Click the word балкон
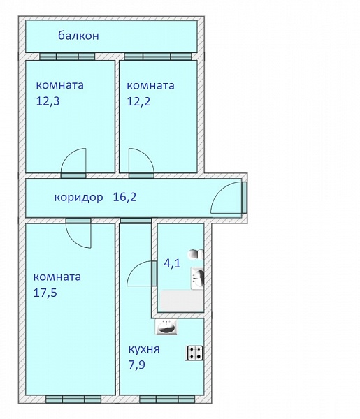pos(78,36)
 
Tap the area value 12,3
pos(48,101)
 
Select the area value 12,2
pos(138,101)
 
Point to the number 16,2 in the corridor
pos(124,197)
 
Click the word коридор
pos(78,198)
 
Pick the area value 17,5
pos(45,293)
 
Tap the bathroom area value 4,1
pos(172,263)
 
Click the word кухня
pos(144,349)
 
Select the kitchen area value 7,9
pos(137,365)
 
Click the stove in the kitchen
pos(194,353)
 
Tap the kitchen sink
pos(166,327)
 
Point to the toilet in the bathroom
pos(196,254)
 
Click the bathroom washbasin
pos(198,279)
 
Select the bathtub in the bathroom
pos(181,300)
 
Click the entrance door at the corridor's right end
pos(229,198)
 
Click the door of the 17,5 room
pos(78,233)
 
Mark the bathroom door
pos(142,274)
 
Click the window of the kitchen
pos(167,399)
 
